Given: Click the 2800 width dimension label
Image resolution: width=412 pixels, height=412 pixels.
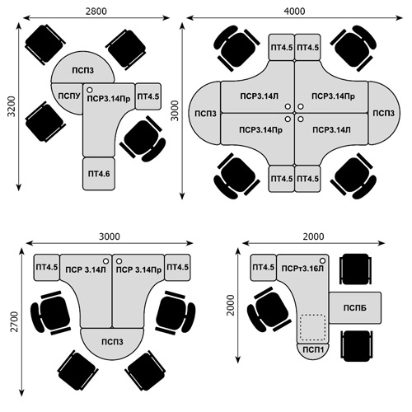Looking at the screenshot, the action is (x=96, y=12).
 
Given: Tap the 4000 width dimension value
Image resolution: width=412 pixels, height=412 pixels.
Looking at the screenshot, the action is (x=294, y=12).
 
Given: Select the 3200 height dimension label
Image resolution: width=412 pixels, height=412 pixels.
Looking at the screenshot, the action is (x=12, y=106).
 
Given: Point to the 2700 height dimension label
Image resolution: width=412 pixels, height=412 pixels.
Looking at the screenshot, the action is (x=14, y=321).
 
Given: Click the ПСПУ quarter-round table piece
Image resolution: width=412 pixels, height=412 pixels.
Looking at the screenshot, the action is (x=68, y=97).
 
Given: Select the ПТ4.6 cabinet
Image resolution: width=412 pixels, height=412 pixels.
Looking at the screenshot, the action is (x=99, y=174).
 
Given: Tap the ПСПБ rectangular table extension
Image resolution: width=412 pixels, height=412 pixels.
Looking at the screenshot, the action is (x=355, y=307).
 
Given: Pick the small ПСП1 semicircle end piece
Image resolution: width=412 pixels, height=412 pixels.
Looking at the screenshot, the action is (x=313, y=351).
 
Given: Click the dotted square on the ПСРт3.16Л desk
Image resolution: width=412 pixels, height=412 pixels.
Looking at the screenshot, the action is (x=313, y=327).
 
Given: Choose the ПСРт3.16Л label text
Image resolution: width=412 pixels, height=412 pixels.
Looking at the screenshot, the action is (x=302, y=269).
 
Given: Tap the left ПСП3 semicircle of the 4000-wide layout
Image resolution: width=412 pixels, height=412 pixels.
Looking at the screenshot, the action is (x=205, y=113).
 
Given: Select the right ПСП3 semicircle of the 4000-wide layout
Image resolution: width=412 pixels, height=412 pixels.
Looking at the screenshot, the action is (x=384, y=113).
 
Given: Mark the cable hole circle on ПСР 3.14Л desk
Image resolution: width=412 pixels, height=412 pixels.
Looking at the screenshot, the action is (x=105, y=261).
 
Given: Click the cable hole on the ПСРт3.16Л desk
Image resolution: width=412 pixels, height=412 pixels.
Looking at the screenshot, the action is (x=322, y=260).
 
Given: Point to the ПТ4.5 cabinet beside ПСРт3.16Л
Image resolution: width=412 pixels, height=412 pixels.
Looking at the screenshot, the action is (x=263, y=267).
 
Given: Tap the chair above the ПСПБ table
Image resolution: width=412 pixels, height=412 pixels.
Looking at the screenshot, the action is (x=356, y=269).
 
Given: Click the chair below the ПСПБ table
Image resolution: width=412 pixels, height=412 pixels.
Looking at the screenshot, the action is (x=356, y=346).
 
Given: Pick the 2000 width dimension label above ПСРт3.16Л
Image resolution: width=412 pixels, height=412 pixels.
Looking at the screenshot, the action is (x=313, y=236).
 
